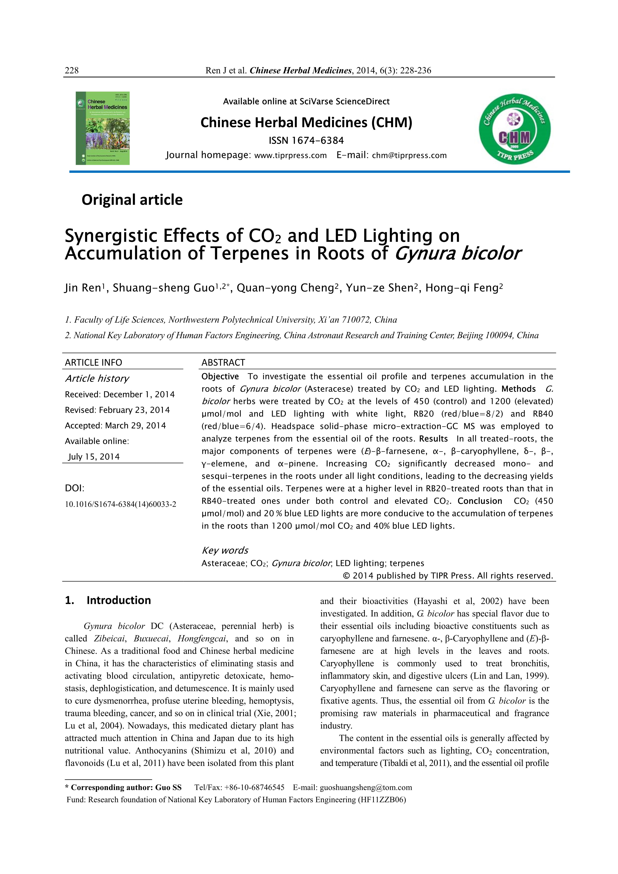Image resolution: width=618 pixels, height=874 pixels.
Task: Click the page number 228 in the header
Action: pyautogui.click(x=72, y=70)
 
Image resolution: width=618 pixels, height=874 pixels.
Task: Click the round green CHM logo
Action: pyautogui.click(x=514, y=129)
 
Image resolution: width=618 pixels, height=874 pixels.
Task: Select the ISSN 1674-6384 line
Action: pyautogui.click(x=306, y=141)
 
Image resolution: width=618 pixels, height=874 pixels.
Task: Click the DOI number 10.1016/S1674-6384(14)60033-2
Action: pyautogui.click(x=121, y=504)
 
